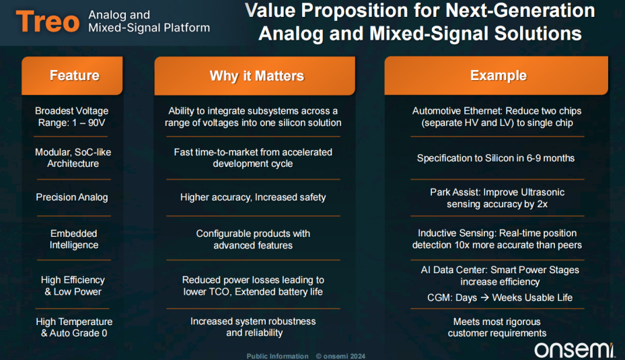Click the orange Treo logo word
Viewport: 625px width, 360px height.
pos(48,22)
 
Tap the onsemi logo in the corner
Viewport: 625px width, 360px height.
pos(575,349)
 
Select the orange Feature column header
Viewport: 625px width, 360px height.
pos(72,75)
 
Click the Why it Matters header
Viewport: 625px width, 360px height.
pos(255,76)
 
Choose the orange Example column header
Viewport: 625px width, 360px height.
pos(497,75)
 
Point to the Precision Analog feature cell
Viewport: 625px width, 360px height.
pos(72,197)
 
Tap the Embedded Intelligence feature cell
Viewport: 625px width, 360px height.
pos(74,239)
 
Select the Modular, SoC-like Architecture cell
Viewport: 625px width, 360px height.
pos(73,158)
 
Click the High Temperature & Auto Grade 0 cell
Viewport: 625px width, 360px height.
pos(74,327)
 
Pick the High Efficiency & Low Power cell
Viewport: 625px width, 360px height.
pos(73,286)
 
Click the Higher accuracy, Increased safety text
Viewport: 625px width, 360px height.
pos(253,197)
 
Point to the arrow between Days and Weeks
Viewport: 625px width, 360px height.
pos(484,297)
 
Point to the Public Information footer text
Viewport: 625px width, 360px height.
pos(277,356)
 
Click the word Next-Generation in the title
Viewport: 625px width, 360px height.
pos(520,10)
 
